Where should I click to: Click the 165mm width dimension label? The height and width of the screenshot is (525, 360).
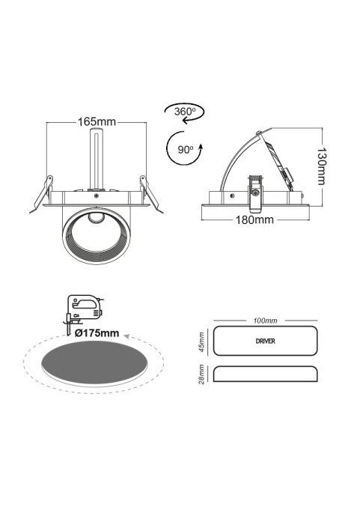tap(97, 122)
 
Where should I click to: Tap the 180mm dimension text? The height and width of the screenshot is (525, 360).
tap(254, 220)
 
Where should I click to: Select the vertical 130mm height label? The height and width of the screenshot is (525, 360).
tap(321, 166)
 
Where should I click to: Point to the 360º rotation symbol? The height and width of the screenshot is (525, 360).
tap(184, 112)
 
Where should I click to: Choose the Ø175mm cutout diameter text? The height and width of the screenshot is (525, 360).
tap(97, 333)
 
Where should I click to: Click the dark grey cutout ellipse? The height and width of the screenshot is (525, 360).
tap(94, 363)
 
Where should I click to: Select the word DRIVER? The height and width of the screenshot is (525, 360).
tap(265, 342)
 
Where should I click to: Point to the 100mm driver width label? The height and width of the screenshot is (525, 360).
tap(265, 321)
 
